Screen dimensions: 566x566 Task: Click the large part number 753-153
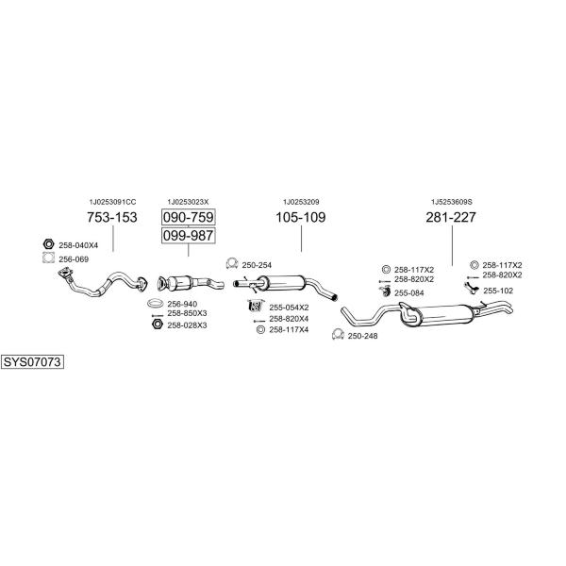[112, 217]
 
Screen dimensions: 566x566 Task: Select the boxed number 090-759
[188, 217]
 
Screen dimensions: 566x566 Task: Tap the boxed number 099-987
[188, 235]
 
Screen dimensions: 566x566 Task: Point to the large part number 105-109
[301, 217]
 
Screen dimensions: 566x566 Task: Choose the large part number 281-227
[451, 217]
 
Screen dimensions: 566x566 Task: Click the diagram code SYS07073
[32, 361]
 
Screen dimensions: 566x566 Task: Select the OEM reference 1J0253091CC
[112, 202]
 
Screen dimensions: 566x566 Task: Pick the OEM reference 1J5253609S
[452, 202]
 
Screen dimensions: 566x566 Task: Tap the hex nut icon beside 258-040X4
[48, 244]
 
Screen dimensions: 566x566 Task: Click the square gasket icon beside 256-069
[48, 258]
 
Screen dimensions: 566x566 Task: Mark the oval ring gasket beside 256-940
[156, 303]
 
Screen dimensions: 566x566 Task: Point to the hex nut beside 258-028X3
[157, 324]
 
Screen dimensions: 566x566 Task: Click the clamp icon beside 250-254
[231, 263]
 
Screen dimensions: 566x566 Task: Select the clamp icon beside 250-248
[338, 335]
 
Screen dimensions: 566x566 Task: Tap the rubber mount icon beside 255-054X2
[256, 306]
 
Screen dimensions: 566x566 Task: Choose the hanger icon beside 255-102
[471, 288]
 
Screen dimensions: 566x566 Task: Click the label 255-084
[409, 293]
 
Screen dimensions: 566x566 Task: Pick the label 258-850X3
[187, 313]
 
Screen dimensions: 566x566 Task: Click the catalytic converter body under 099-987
[179, 283]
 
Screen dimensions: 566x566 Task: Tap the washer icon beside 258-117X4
[260, 329]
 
